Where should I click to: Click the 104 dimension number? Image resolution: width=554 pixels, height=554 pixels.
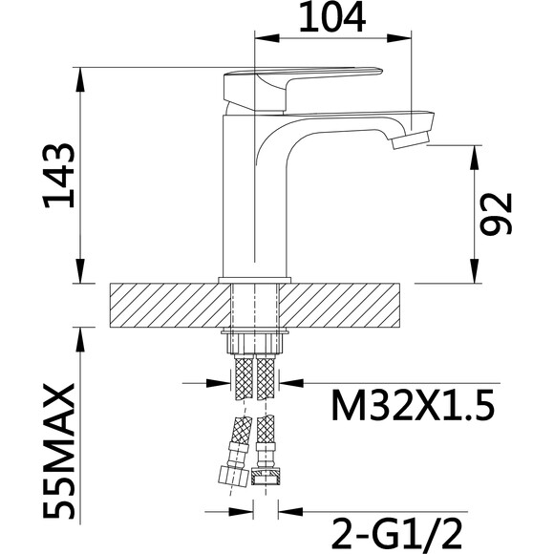[x=332, y=17]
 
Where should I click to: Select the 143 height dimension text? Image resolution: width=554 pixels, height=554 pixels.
[x=58, y=175]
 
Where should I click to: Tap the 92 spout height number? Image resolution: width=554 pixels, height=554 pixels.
[x=496, y=214]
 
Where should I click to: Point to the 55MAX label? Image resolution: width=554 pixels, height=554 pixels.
[x=58, y=451]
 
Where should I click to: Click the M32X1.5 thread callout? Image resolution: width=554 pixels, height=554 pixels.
[x=413, y=405]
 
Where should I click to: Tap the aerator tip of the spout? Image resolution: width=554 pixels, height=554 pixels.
[x=410, y=140]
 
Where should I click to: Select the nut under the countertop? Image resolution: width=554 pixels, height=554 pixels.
[x=255, y=343]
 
